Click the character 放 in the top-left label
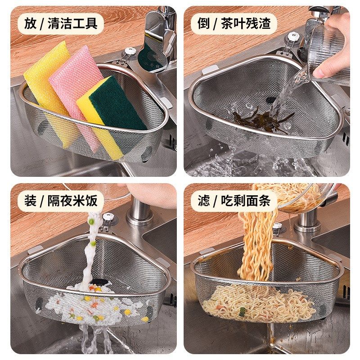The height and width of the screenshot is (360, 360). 30,23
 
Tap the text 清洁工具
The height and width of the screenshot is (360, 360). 72,23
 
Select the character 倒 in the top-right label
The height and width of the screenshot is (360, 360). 203,23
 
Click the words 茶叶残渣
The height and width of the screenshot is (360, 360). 246,23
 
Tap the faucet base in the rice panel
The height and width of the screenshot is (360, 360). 139,216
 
